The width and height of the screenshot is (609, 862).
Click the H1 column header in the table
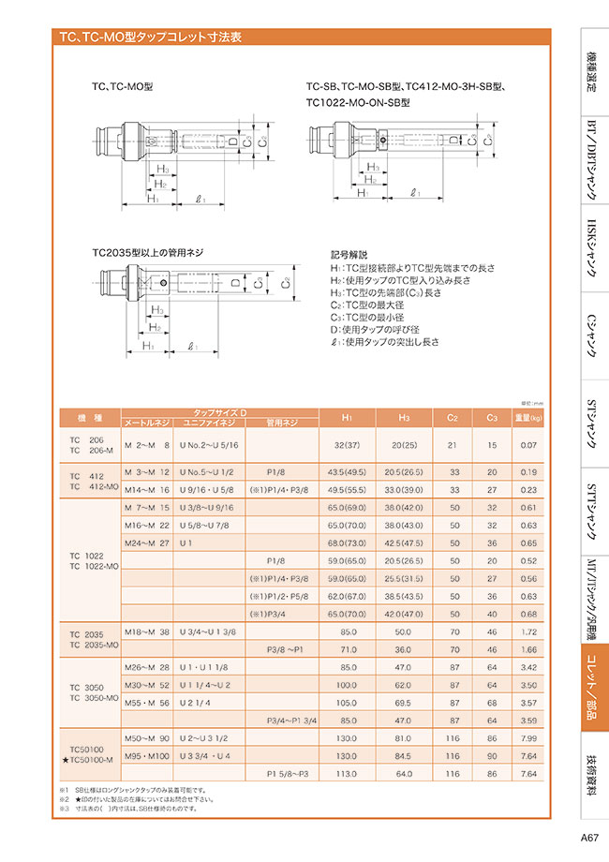[347, 417]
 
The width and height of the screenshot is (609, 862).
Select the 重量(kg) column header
[527, 417]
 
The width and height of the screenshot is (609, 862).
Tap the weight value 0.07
[527, 446]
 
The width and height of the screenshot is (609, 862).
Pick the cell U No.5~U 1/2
[208, 472]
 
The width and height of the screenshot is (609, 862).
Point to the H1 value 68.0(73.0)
[347, 542]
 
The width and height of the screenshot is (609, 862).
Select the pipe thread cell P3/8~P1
[282, 648]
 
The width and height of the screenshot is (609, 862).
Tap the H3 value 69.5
[405, 702]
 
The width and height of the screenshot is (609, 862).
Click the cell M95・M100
[148, 755]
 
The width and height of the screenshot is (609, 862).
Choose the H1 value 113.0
[347, 774]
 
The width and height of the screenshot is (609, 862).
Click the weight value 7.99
[527, 737]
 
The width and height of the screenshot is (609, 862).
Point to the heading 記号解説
[349, 254]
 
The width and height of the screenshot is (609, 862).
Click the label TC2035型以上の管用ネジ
[147, 252]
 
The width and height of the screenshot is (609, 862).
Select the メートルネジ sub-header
[146, 424]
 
